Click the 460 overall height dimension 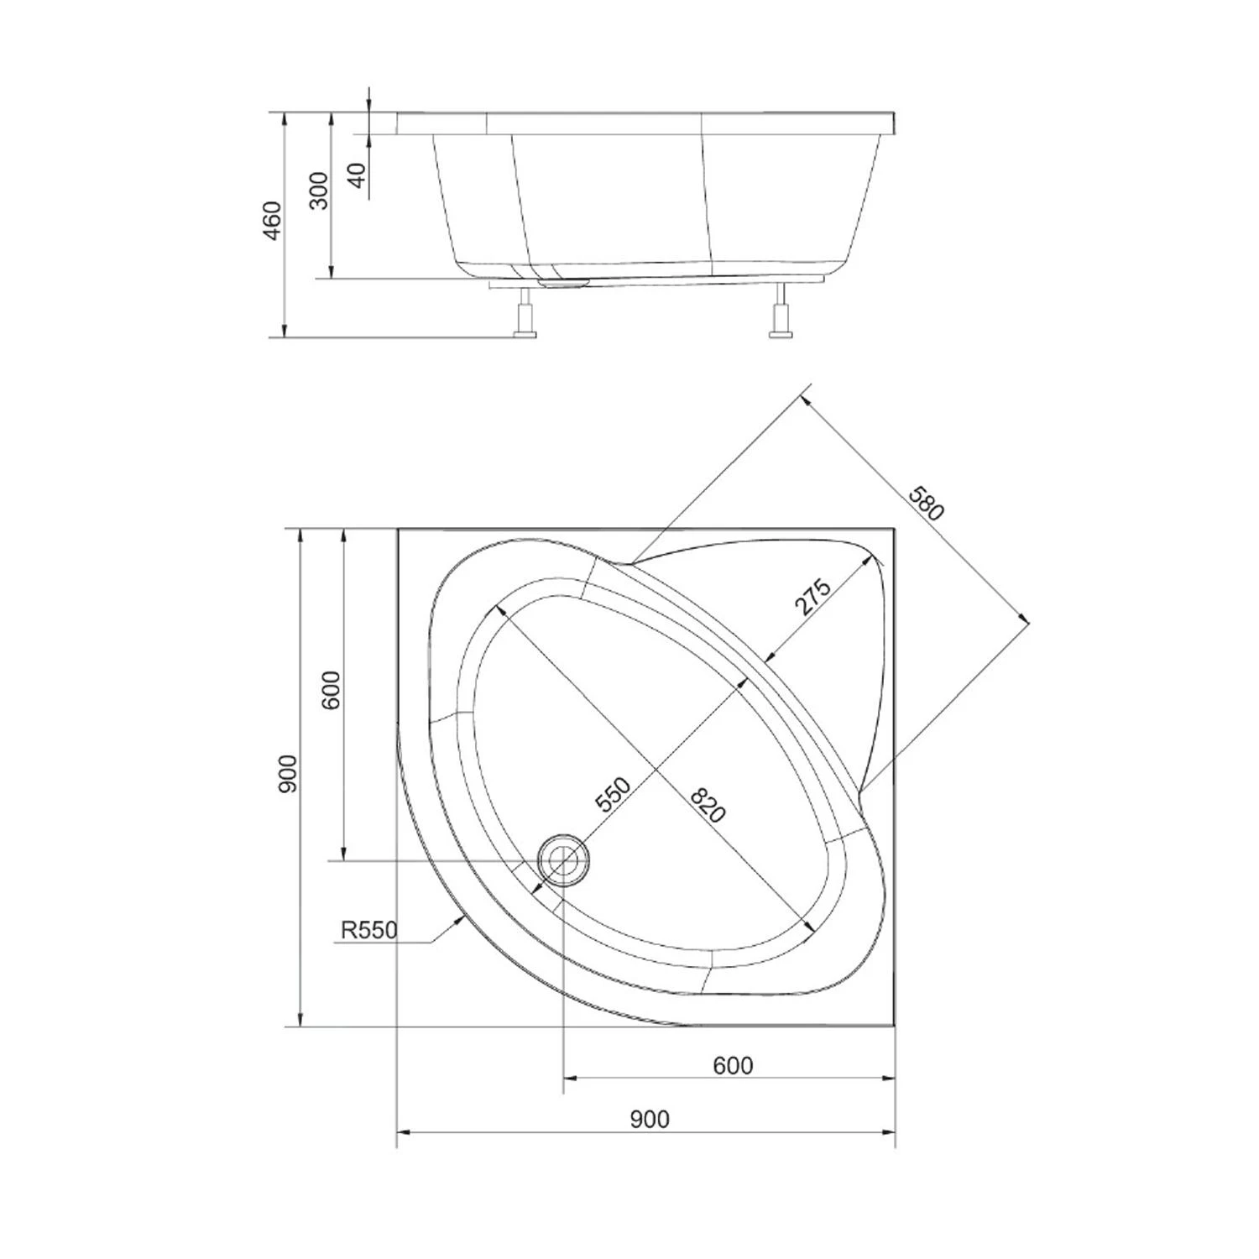273,221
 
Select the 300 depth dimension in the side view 320,191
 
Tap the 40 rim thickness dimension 358,175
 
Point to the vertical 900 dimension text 287,774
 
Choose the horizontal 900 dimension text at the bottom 650,1119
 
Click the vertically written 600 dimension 332,690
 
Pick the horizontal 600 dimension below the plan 733,1065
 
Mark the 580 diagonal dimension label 926,502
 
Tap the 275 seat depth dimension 812,598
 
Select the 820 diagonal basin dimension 707,805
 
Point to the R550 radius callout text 368,930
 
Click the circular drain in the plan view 564,860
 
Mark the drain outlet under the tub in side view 565,282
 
